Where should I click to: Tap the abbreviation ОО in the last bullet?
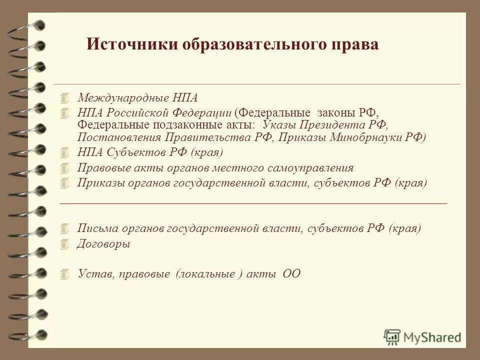coord(291,273)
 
